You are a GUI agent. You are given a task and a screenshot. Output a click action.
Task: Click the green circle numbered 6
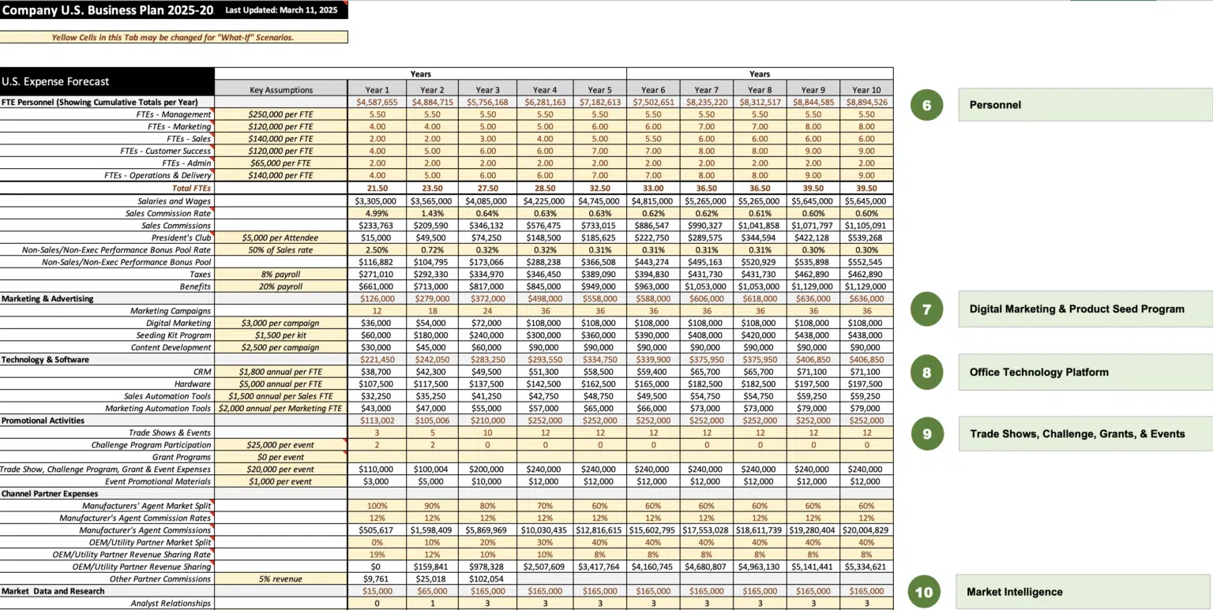(926, 105)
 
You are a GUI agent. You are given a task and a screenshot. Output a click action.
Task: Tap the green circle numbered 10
(925, 592)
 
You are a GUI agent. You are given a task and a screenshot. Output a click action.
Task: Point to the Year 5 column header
(599, 90)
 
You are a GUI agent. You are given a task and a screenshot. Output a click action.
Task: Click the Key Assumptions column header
(281, 90)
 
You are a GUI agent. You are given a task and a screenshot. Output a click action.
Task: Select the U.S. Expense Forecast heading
(56, 81)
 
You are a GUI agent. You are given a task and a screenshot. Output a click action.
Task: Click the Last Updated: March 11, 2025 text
(280, 10)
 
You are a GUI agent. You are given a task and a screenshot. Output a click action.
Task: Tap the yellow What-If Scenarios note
(173, 37)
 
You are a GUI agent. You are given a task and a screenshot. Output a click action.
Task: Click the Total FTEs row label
(192, 189)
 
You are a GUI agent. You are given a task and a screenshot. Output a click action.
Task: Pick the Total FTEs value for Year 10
(866, 189)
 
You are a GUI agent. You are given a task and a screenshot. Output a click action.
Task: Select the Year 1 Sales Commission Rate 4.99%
(377, 213)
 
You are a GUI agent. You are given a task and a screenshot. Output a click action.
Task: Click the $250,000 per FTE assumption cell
(281, 114)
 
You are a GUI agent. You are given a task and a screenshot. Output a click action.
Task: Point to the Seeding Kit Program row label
(168, 335)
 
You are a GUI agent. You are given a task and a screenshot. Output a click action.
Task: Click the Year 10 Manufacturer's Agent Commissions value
(866, 530)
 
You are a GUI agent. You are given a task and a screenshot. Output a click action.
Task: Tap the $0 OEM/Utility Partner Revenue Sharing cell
(377, 567)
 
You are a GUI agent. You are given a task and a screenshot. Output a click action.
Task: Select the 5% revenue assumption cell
(281, 579)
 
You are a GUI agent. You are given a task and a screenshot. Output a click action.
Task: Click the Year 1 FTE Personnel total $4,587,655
(377, 102)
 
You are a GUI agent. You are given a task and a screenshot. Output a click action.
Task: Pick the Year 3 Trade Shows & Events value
(488, 432)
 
